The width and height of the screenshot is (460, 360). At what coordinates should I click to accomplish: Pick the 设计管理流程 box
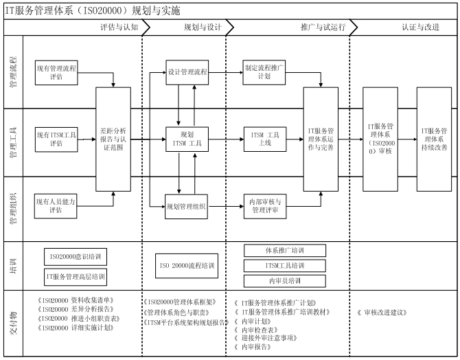point(187,71)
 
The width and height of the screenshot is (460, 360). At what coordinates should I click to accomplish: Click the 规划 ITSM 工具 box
point(187,138)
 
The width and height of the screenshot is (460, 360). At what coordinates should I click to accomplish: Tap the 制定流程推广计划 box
point(264,72)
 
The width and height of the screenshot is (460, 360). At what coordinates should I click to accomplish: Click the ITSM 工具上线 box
point(264,138)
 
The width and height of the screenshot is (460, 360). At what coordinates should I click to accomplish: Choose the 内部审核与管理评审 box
point(264,205)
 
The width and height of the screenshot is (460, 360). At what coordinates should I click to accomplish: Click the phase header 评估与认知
point(120,27)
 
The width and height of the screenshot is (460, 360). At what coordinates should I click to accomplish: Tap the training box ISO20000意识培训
point(76,257)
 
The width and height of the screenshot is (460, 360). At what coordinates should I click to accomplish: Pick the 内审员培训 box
point(285,281)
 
